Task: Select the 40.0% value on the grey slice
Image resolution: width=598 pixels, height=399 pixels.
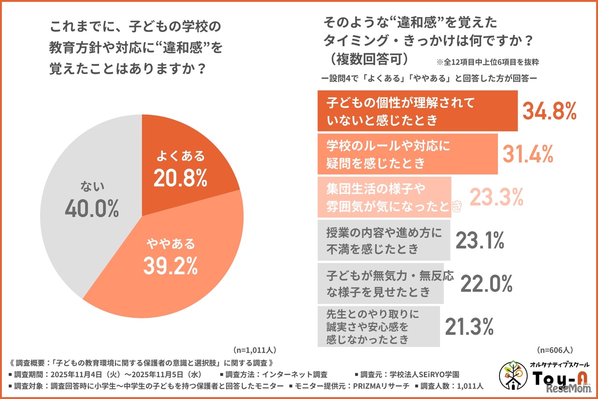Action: (92, 209)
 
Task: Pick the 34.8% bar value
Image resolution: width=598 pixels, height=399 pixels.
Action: (549, 112)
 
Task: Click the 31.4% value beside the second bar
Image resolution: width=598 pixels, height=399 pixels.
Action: (528, 153)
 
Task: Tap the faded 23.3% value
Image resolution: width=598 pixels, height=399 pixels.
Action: (496, 197)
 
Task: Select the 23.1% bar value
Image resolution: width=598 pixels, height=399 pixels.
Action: (479, 240)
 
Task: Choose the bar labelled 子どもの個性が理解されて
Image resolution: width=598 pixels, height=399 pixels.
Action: (417, 111)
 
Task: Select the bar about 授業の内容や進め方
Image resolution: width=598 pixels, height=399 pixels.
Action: (384, 240)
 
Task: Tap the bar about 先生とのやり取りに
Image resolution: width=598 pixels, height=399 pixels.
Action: (378, 326)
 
